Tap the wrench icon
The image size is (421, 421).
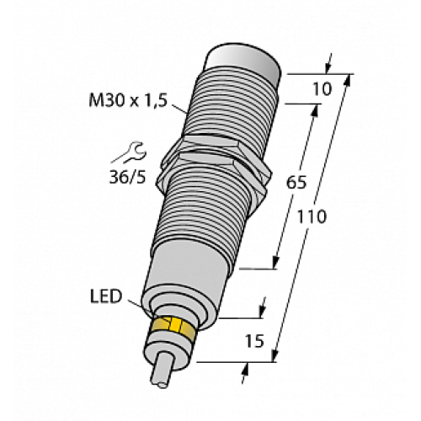pos(135,152)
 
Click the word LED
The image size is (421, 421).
pos(106,296)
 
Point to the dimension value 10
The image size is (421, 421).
pos(320,88)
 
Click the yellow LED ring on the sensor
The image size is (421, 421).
pos(175,328)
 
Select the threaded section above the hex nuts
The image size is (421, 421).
pos(226,109)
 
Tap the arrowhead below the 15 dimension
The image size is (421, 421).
pos(246,370)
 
